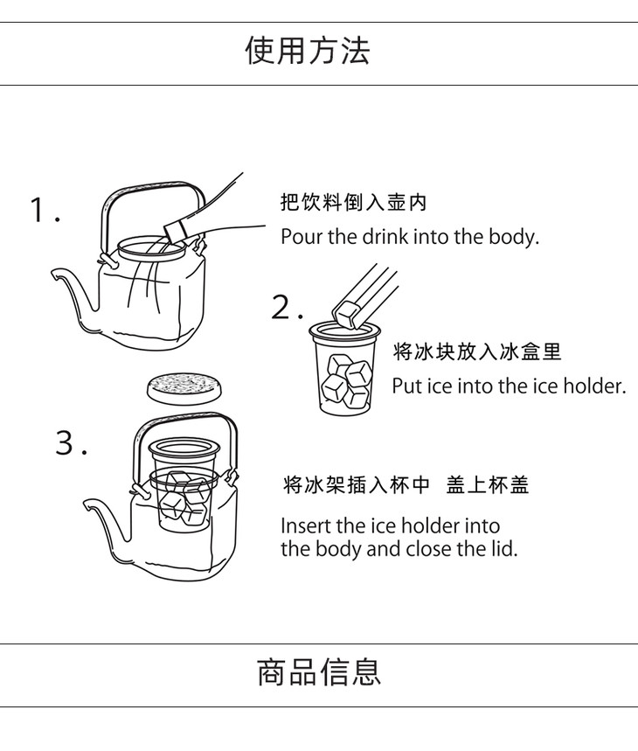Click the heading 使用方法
pyautogui.click(x=308, y=51)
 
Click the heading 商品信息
pyautogui.click(x=319, y=671)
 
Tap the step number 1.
pyautogui.click(x=45, y=210)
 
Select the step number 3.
pyautogui.click(x=71, y=442)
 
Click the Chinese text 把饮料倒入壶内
pyautogui.click(x=353, y=202)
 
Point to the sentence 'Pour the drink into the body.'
pyautogui.click(x=410, y=237)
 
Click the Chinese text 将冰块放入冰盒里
pyautogui.click(x=476, y=351)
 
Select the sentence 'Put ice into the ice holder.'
pyautogui.click(x=509, y=386)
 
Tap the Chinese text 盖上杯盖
pyautogui.click(x=487, y=484)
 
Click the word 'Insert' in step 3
pyautogui.click(x=306, y=525)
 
